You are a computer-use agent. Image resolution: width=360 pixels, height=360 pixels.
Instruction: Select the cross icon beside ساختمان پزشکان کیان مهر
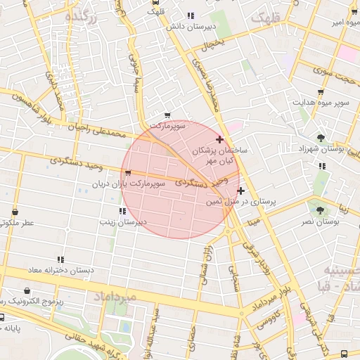220,139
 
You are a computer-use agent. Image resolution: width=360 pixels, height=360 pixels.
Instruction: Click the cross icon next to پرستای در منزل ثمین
240,191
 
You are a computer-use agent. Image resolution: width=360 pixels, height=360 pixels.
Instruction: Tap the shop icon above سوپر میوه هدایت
321,92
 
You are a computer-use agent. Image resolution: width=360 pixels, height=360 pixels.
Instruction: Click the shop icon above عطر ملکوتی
15,210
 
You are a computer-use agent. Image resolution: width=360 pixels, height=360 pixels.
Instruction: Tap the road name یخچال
213,46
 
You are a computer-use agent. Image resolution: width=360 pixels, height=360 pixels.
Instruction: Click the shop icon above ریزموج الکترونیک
27,290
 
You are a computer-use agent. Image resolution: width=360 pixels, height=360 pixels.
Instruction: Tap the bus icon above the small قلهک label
155,2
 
